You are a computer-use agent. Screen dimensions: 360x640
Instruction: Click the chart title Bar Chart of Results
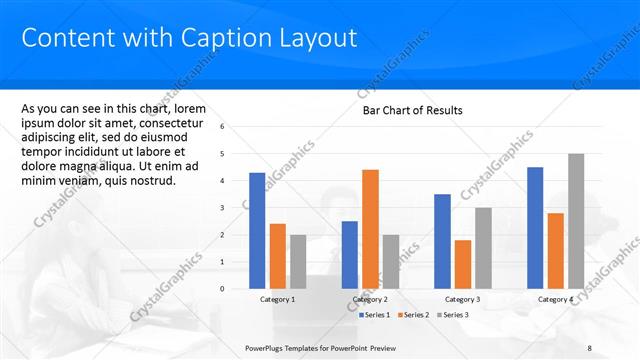point(412,110)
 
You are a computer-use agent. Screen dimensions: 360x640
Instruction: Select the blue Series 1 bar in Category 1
point(257,230)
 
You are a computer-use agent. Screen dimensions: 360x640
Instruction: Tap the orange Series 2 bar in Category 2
point(370,229)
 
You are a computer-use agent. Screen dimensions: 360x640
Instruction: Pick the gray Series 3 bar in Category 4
point(576,221)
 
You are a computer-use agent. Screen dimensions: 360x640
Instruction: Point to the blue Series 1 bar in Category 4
point(535,228)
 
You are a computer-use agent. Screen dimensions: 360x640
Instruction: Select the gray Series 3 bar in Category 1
point(299,261)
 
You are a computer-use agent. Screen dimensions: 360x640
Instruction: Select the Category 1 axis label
point(278,299)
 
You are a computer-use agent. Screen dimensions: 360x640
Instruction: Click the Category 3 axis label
point(462,299)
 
